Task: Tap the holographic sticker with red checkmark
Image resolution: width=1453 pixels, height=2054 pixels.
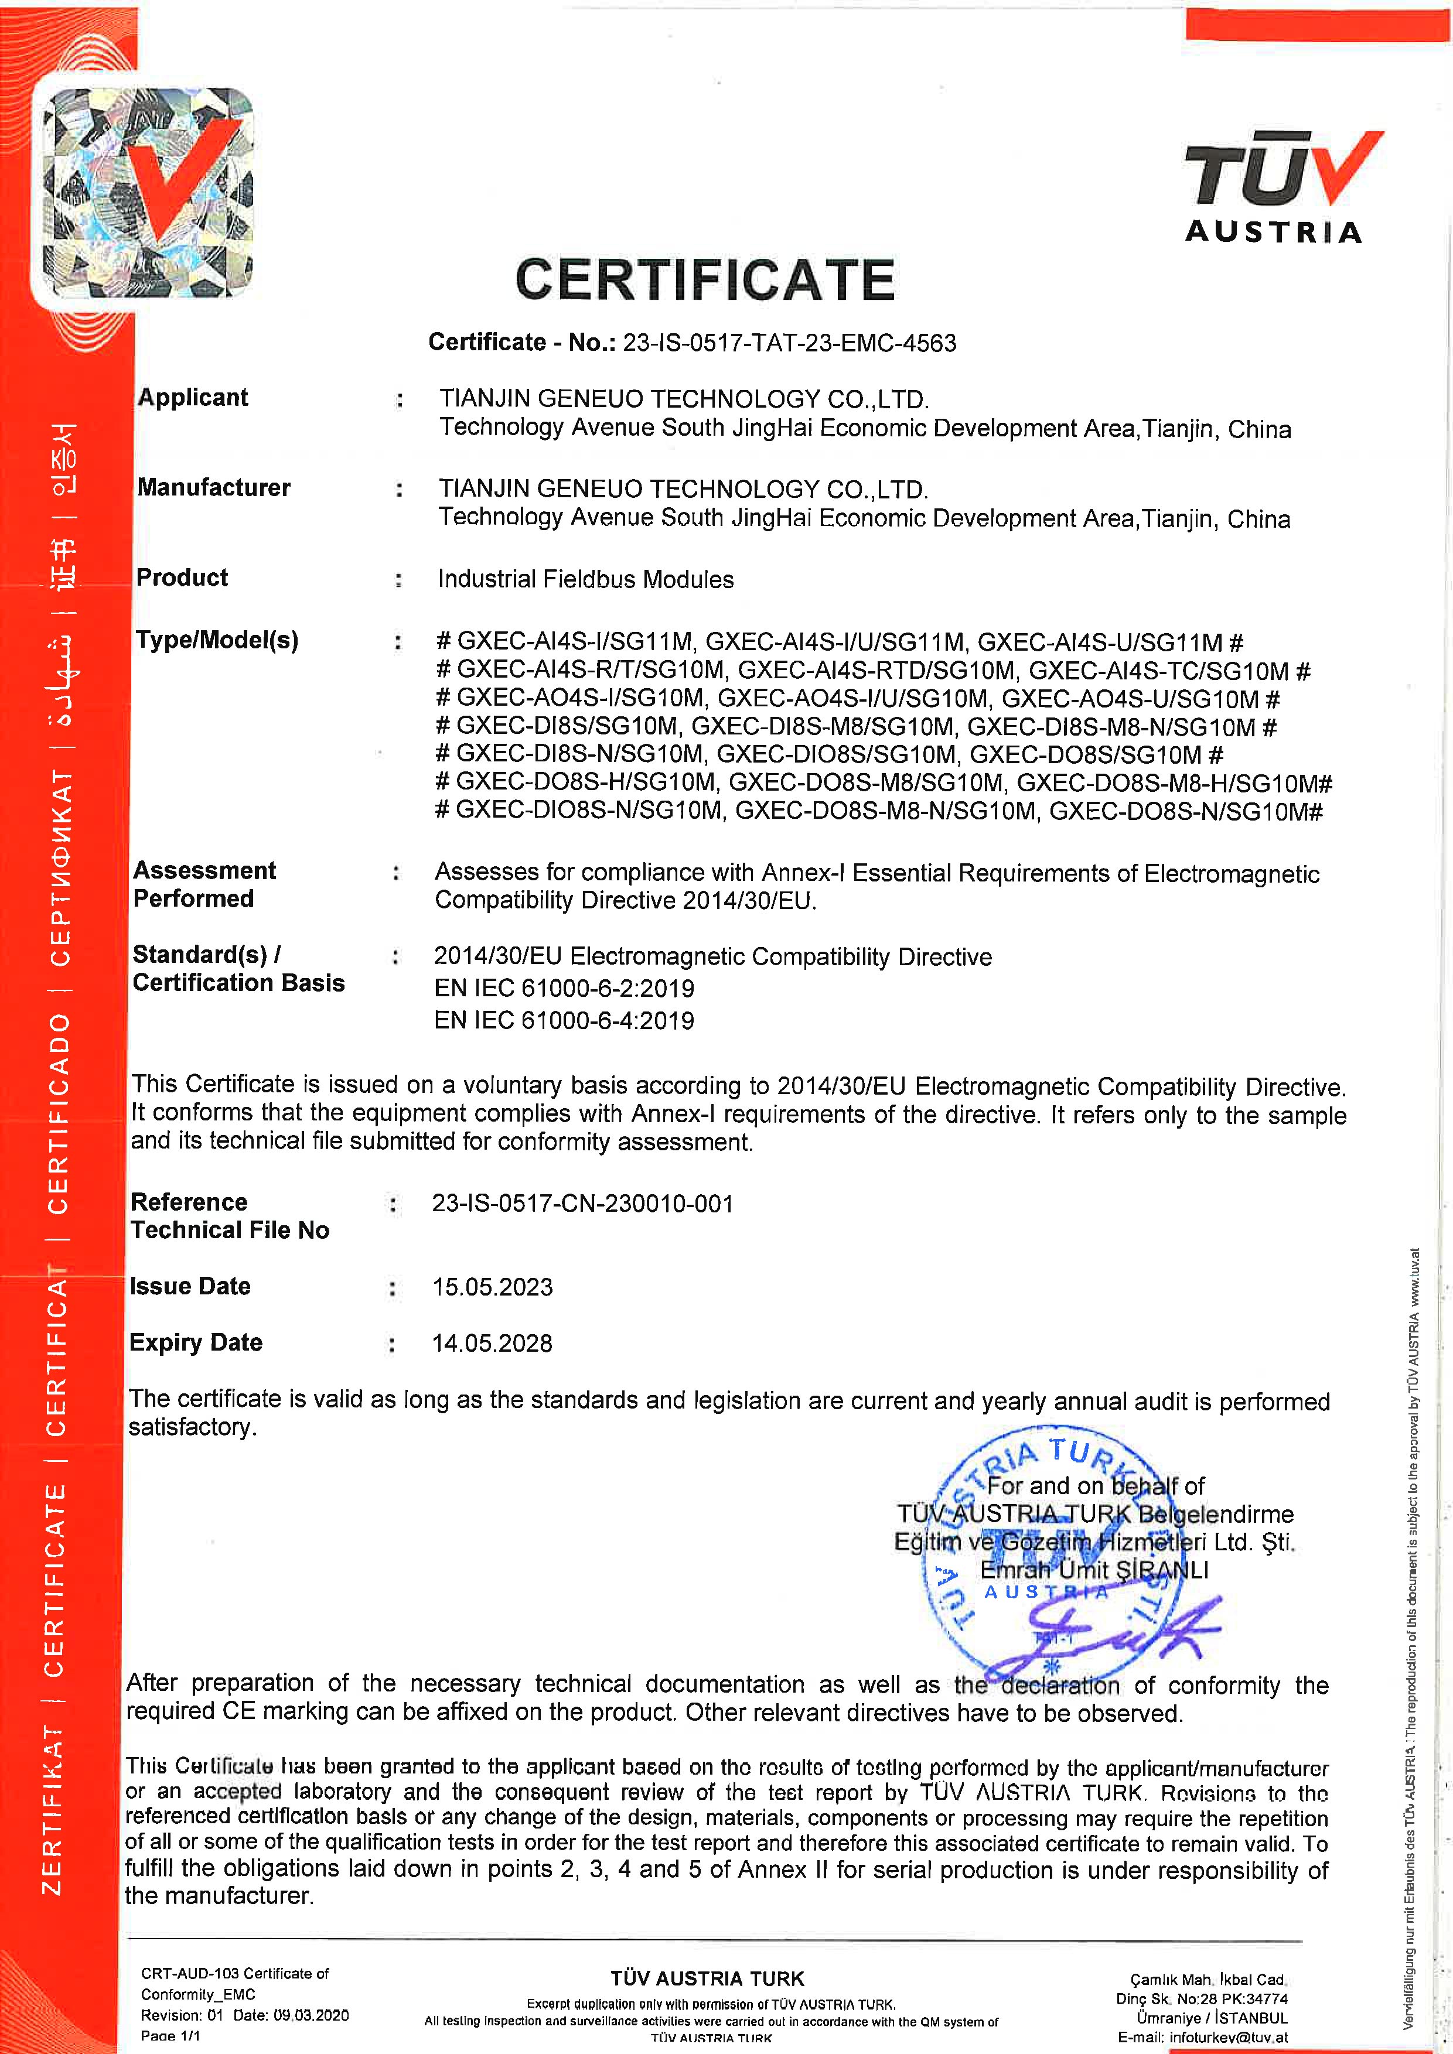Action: point(148,192)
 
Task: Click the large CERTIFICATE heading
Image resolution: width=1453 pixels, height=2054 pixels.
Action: point(704,280)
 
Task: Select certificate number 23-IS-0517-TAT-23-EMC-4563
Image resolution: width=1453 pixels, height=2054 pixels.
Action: point(789,343)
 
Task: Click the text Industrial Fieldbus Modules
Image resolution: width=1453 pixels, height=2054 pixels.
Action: point(585,580)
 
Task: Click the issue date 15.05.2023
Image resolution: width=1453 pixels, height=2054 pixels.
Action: point(492,1287)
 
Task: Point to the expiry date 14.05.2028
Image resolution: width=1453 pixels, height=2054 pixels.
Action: point(492,1344)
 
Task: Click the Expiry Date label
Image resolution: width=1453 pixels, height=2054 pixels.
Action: point(195,1343)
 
